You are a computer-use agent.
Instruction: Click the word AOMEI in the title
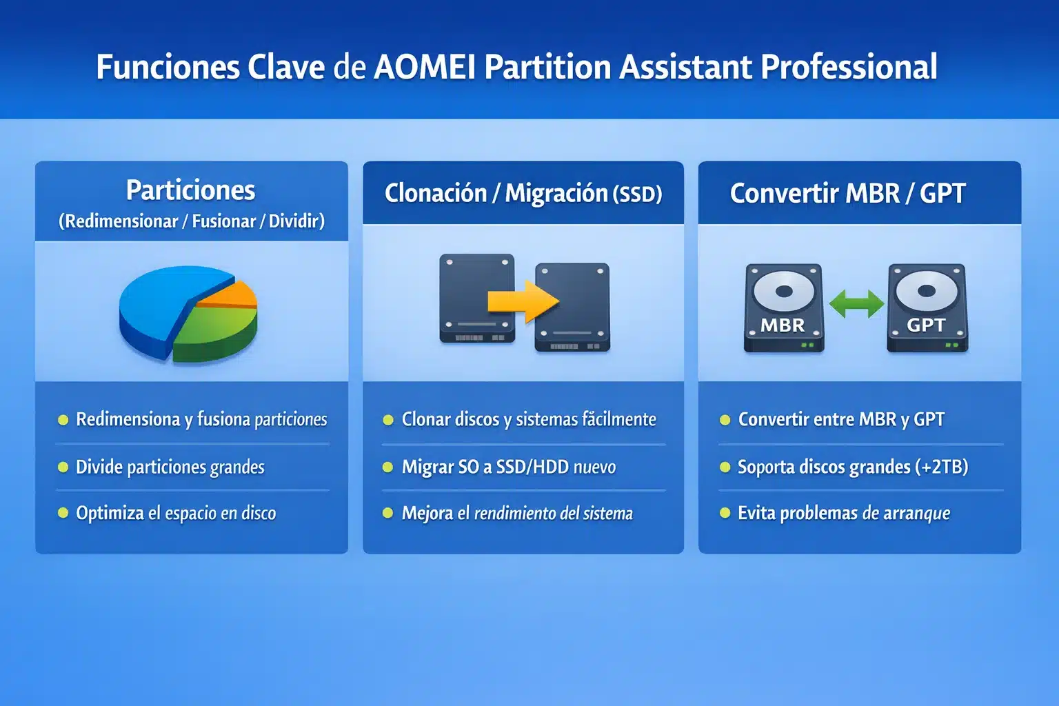click(424, 68)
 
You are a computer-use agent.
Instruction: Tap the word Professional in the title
click(848, 68)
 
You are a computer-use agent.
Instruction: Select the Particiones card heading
click(190, 190)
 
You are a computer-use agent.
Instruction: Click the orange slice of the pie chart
click(231, 295)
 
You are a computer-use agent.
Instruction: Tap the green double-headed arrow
click(856, 303)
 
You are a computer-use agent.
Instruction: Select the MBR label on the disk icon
click(783, 325)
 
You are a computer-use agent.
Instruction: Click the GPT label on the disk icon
click(926, 325)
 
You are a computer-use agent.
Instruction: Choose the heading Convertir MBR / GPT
click(847, 194)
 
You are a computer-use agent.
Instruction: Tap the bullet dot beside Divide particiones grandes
click(63, 467)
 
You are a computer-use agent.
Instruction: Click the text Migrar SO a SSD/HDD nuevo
click(508, 467)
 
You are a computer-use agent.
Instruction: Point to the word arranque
click(916, 514)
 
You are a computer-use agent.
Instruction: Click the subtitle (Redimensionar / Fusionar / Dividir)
click(191, 221)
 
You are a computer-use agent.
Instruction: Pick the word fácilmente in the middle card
click(618, 419)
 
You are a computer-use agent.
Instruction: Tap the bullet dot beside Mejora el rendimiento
click(387, 514)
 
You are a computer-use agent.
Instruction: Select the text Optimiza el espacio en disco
click(176, 514)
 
